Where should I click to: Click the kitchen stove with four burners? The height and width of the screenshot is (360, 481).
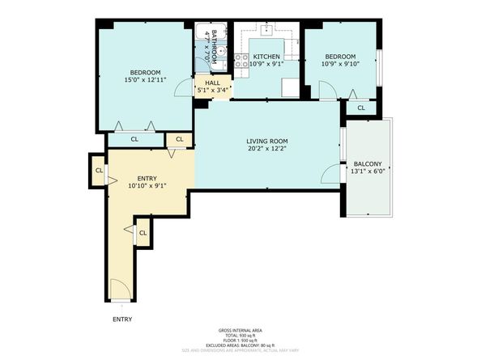tap(240, 61)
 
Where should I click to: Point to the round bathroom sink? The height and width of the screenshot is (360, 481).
tap(208, 69)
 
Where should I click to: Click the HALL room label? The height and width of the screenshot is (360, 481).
tap(212, 83)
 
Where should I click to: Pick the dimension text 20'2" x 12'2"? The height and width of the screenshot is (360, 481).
tap(267, 150)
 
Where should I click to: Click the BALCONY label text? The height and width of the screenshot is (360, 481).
tap(366, 162)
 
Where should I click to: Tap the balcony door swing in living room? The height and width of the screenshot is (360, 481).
tap(330, 172)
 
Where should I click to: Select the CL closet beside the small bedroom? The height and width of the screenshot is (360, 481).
tap(360, 108)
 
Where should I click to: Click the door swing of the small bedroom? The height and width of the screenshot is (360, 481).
tap(326, 91)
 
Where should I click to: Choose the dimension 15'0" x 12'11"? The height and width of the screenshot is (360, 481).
tap(146, 79)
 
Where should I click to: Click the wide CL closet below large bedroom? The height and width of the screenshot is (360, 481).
tap(134, 140)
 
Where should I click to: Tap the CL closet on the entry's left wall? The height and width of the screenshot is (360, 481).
tap(98, 171)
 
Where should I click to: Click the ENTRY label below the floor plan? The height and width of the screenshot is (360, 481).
tap(121, 319)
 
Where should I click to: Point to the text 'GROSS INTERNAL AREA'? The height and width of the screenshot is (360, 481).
tap(240, 330)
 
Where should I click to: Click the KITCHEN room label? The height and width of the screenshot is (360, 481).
tap(266, 56)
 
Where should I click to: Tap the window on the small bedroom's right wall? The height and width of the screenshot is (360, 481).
tap(378, 65)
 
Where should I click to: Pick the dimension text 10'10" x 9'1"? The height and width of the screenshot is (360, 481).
tap(147, 185)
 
